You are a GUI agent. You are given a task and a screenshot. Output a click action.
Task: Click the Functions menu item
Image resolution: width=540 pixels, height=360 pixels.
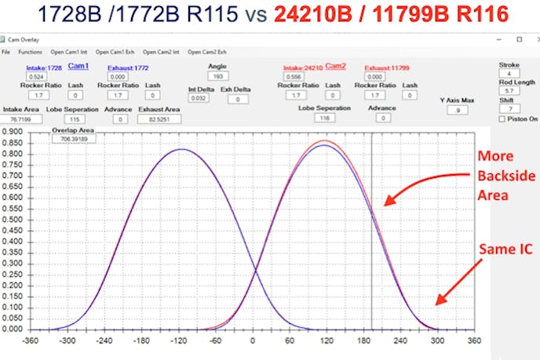30,52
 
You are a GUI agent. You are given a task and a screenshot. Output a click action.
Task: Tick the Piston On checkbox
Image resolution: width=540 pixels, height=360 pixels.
502,119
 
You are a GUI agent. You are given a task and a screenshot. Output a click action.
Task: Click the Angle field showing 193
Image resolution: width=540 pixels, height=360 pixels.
217,76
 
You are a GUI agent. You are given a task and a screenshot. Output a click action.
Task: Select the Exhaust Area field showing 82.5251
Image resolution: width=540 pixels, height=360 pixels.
159,119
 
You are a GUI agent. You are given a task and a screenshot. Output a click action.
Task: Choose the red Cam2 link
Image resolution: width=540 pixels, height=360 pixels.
335,66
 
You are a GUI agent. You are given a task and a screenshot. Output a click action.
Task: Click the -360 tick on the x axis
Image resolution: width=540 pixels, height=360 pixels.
31,342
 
